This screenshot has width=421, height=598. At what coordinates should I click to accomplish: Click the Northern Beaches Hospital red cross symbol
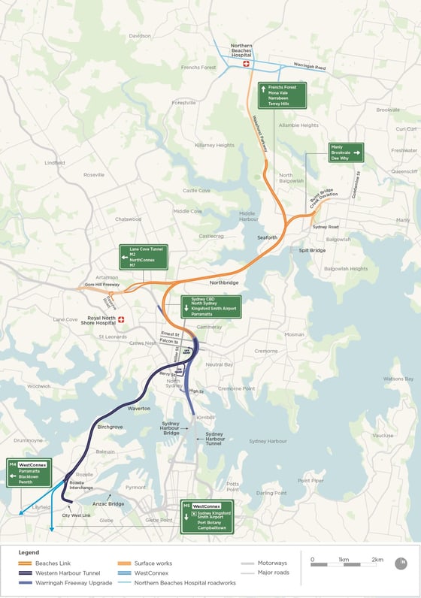click(x=245, y=65)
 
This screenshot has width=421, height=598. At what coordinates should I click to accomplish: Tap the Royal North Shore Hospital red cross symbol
click(x=120, y=319)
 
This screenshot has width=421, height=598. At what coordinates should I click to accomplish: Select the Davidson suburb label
click(x=140, y=35)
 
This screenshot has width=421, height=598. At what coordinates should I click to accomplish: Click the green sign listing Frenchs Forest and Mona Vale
click(x=282, y=96)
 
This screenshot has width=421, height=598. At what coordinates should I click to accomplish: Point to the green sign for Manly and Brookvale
click(x=346, y=153)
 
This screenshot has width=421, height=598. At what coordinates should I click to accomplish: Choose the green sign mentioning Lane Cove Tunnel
click(x=143, y=257)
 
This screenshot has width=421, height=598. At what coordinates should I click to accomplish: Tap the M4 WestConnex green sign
click(x=29, y=473)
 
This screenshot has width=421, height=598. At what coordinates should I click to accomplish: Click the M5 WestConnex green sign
click(x=207, y=516)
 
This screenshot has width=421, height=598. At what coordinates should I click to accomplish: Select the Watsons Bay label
click(x=398, y=379)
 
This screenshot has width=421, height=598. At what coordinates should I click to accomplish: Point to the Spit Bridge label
click(x=312, y=250)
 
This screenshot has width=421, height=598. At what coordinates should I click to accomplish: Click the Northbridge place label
click(x=224, y=282)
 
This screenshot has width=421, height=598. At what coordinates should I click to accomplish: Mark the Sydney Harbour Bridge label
click(x=171, y=428)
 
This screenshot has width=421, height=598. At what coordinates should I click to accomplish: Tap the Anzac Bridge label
click(x=108, y=503)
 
